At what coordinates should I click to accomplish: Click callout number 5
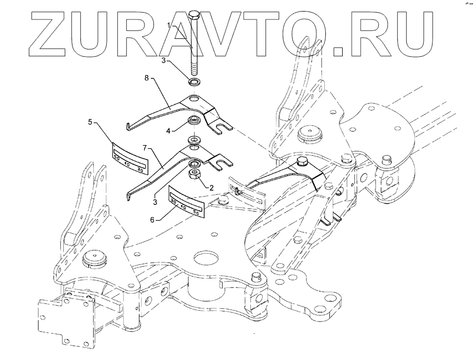pyautogui.click(x=90, y=122)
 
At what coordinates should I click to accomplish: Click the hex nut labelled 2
pyautogui.click(x=194, y=174)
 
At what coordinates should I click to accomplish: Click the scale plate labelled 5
pyautogui.click(x=129, y=157)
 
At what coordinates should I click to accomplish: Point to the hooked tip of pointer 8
pyautogui.click(x=129, y=127)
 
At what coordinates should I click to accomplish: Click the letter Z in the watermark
pyautogui.click(x=49, y=34)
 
